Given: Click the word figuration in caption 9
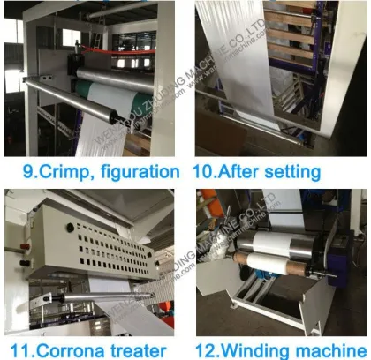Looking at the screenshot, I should [x=133, y=170].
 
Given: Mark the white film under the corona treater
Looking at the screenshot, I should [x=124, y=309].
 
